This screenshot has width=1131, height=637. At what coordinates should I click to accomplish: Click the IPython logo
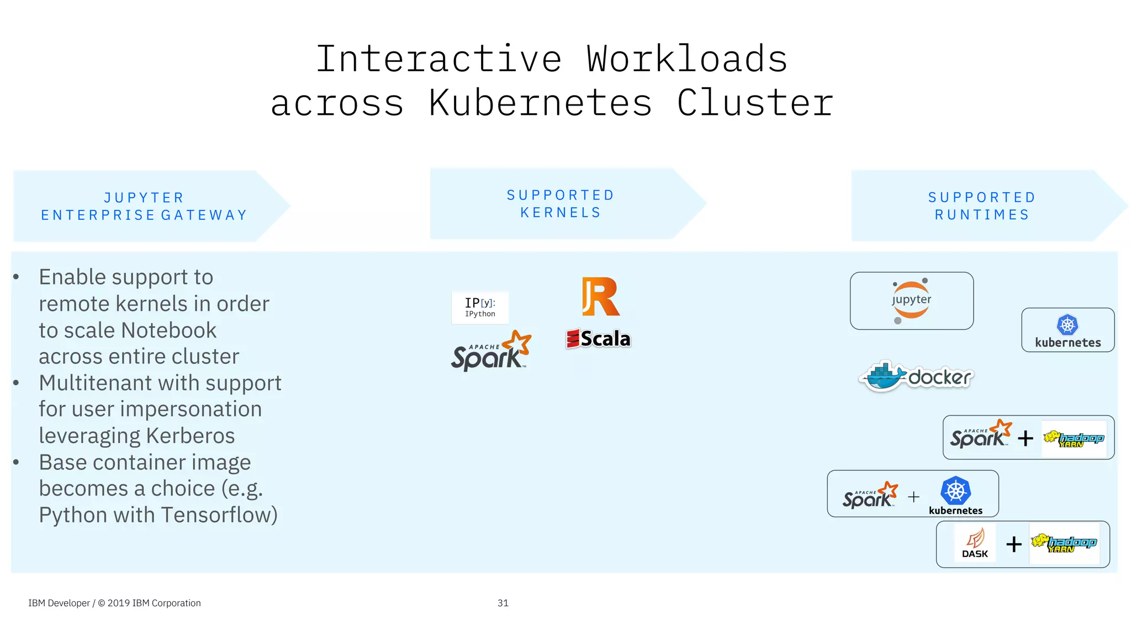point(480,307)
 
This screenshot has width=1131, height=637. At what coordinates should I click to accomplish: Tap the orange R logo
point(600,297)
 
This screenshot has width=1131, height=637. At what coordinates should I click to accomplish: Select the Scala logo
point(599,339)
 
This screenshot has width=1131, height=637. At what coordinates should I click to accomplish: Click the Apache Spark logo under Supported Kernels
point(490,351)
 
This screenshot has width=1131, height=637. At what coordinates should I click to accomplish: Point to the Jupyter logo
point(911,301)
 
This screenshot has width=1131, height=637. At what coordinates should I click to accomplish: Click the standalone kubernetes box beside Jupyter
point(1067,330)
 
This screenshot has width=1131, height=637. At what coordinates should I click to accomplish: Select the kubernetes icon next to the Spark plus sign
point(955,494)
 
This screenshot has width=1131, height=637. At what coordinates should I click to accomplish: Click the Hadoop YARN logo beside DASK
point(1064,544)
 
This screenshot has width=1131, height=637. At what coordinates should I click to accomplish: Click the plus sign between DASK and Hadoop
point(1014,545)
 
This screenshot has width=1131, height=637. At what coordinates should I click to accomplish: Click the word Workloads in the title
point(686,59)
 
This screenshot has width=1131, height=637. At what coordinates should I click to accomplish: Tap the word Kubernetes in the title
point(540,103)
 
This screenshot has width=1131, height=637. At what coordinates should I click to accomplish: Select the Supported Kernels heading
point(560,204)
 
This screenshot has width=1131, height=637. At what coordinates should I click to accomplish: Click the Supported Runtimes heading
point(981,206)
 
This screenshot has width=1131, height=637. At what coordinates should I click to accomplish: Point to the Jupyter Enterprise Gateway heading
point(144,206)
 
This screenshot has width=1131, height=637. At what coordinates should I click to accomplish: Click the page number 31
point(503,603)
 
